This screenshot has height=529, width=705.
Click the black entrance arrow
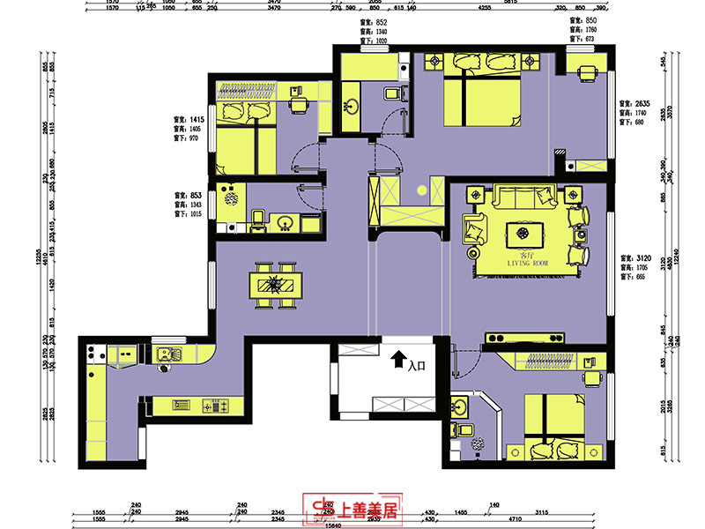[397, 359]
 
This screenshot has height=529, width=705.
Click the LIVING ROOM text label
[528, 263]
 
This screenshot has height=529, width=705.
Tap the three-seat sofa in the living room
[524, 197]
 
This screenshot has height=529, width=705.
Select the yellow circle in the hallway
[422, 190]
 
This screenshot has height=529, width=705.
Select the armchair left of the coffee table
[473, 230]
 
